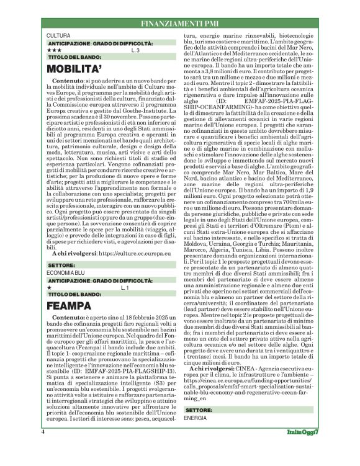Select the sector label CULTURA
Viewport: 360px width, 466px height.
[58, 37]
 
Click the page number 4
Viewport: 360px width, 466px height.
[43, 447]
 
